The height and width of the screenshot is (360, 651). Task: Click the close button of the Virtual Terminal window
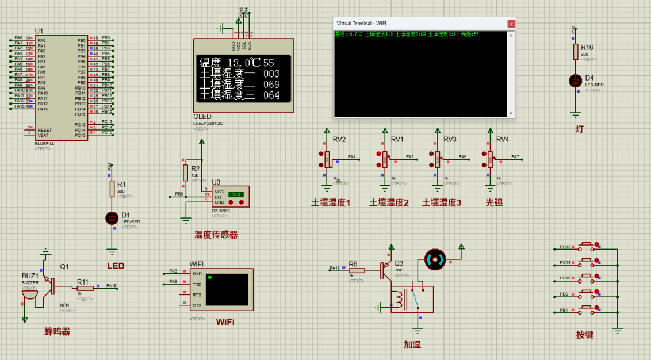[511, 24]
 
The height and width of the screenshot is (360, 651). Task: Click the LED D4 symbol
[575, 81]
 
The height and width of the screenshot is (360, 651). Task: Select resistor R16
[575, 52]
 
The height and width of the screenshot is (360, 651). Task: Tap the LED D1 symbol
[112, 218]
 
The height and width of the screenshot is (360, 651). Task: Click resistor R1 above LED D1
[112, 189]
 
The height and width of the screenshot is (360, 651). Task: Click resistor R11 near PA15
[85, 288]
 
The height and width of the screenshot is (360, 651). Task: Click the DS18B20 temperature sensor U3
[230, 197]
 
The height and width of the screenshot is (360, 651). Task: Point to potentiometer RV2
[327, 159]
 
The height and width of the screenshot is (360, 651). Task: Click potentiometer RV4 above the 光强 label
[491, 158]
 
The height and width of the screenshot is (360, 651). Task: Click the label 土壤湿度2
[389, 202]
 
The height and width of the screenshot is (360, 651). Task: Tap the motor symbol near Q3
[435, 260]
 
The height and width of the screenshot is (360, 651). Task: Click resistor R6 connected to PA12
[356, 270]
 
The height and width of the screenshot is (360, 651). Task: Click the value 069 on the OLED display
[271, 85]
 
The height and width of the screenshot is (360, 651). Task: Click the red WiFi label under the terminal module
[225, 321]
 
